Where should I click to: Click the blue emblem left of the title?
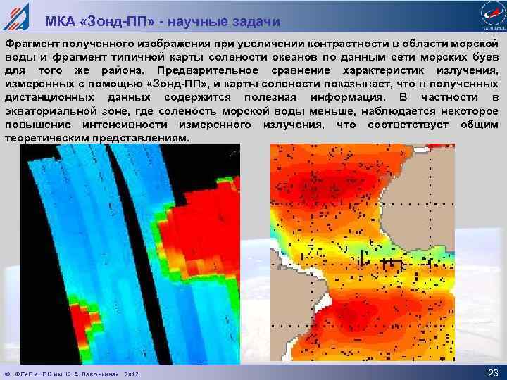pos(15,15)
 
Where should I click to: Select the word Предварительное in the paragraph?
pos(204,71)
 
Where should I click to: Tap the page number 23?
pos(492,372)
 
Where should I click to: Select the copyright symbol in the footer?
pos(7,373)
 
